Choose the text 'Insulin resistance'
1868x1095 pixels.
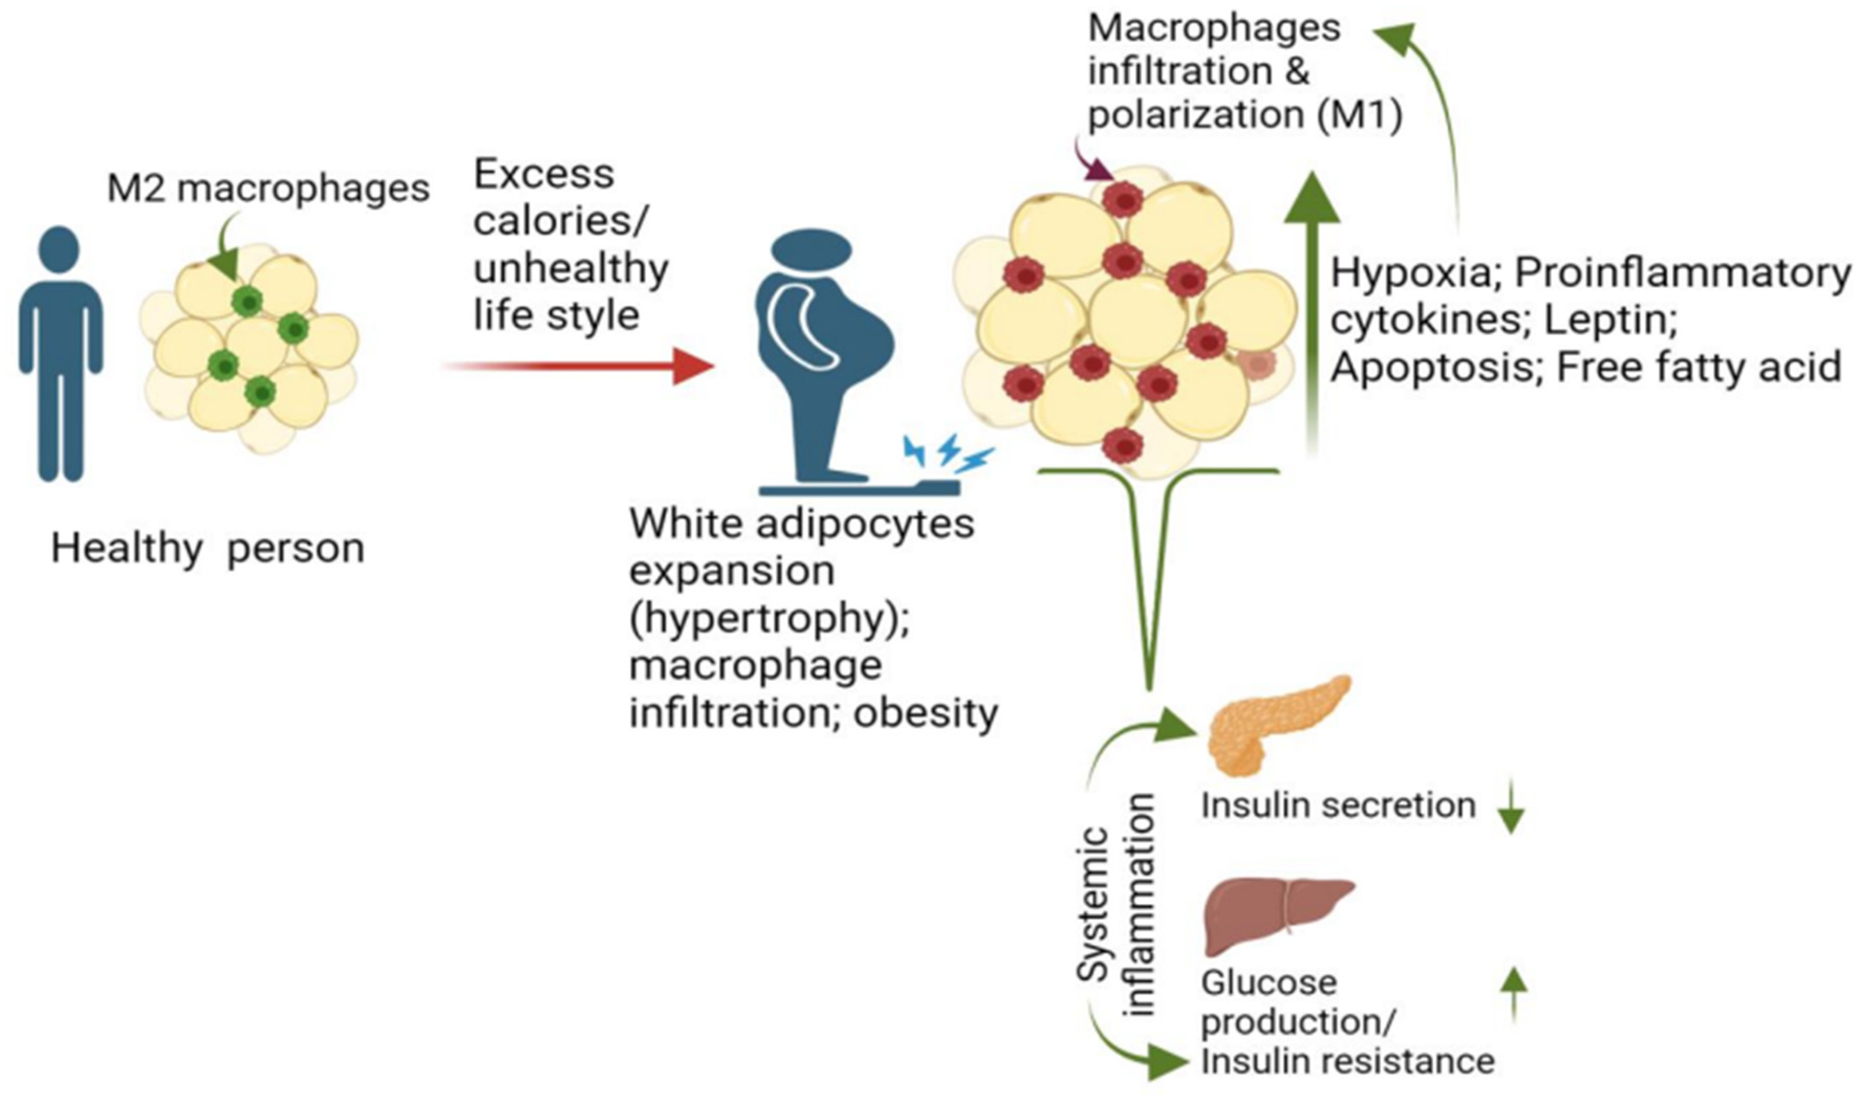(x=1347, y=1061)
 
